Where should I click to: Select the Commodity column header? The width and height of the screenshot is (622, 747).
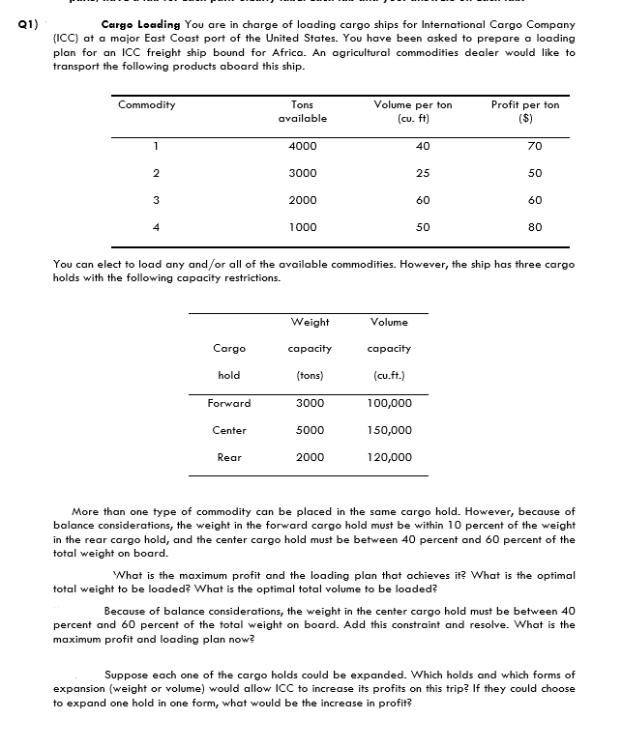pyautogui.click(x=147, y=104)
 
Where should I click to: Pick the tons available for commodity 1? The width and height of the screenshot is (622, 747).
pyautogui.click(x=302, y=146)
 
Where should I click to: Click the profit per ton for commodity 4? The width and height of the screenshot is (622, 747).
pyautogui.click(x=535, y=227)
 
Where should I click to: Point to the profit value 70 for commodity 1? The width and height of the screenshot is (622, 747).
pyautogui.click(x=535, y=146)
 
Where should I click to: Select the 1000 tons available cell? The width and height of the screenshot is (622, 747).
pyautogui.click(x=302, y=227)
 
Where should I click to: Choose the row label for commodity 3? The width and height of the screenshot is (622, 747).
pyautogui.click(x=140, y=200)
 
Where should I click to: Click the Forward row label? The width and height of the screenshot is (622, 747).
pyautogui.click(x=229, y=403)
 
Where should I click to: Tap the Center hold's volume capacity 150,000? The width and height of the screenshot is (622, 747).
pyautogui.click(x=390, y=430)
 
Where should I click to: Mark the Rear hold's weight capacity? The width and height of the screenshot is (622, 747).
pyautogui.click(x=310, y=457)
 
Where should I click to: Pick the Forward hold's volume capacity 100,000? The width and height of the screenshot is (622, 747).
pyautogui.click(x=390, y=403)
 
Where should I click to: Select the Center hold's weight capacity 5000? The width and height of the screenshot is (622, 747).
pyautogui.click(x=310, y=430)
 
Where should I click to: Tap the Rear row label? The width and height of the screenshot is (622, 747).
pyautogui.click(x=229, y=457)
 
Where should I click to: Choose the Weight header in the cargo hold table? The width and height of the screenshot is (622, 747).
pyautogui.click(x=310, y=322)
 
